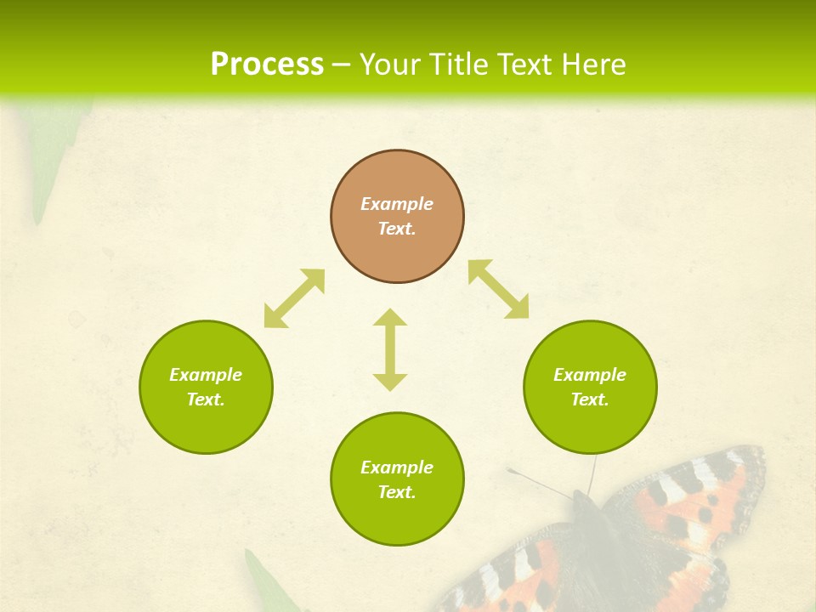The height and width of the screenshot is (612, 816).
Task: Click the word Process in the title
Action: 267,65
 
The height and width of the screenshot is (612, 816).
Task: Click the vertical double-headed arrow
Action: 390,349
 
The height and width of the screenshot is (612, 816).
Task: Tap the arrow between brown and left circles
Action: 294,298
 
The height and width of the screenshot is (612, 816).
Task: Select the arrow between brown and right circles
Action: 498,289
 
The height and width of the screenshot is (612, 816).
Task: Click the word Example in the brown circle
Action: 397,204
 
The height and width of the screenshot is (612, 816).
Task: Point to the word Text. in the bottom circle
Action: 397,492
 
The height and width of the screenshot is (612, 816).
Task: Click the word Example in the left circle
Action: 206,375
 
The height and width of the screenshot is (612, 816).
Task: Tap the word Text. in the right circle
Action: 590,399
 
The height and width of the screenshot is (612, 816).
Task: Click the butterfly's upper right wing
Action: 697,493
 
